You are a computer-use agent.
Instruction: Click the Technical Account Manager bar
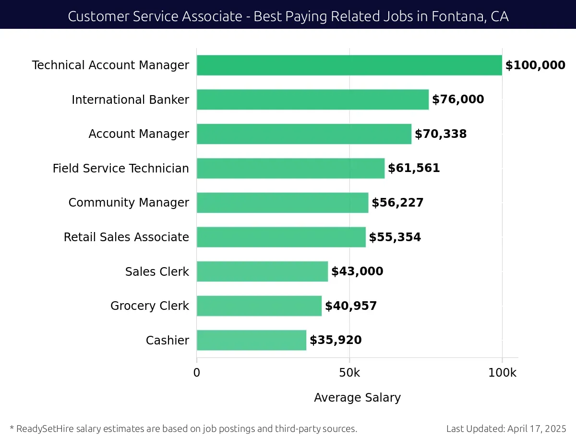349,65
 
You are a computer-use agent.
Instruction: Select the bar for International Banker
312,99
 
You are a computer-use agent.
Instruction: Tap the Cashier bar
251,340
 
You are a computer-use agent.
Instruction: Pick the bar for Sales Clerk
262,271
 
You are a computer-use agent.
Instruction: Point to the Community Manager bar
282,203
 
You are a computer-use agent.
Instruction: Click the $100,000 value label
535,65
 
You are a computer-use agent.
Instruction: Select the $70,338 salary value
441,134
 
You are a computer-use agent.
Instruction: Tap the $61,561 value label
414,168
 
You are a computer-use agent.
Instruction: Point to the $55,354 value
395,237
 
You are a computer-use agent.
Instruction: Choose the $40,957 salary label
351,306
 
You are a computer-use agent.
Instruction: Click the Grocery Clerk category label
150,306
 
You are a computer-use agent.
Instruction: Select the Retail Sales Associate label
126,237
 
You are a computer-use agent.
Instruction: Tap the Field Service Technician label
121,169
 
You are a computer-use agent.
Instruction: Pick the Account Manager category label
139,134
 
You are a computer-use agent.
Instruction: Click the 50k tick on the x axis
349,373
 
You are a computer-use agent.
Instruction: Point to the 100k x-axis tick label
502,373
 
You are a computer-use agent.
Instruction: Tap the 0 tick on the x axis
197,373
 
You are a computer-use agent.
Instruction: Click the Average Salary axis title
357,398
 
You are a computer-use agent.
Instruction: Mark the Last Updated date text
506,429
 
